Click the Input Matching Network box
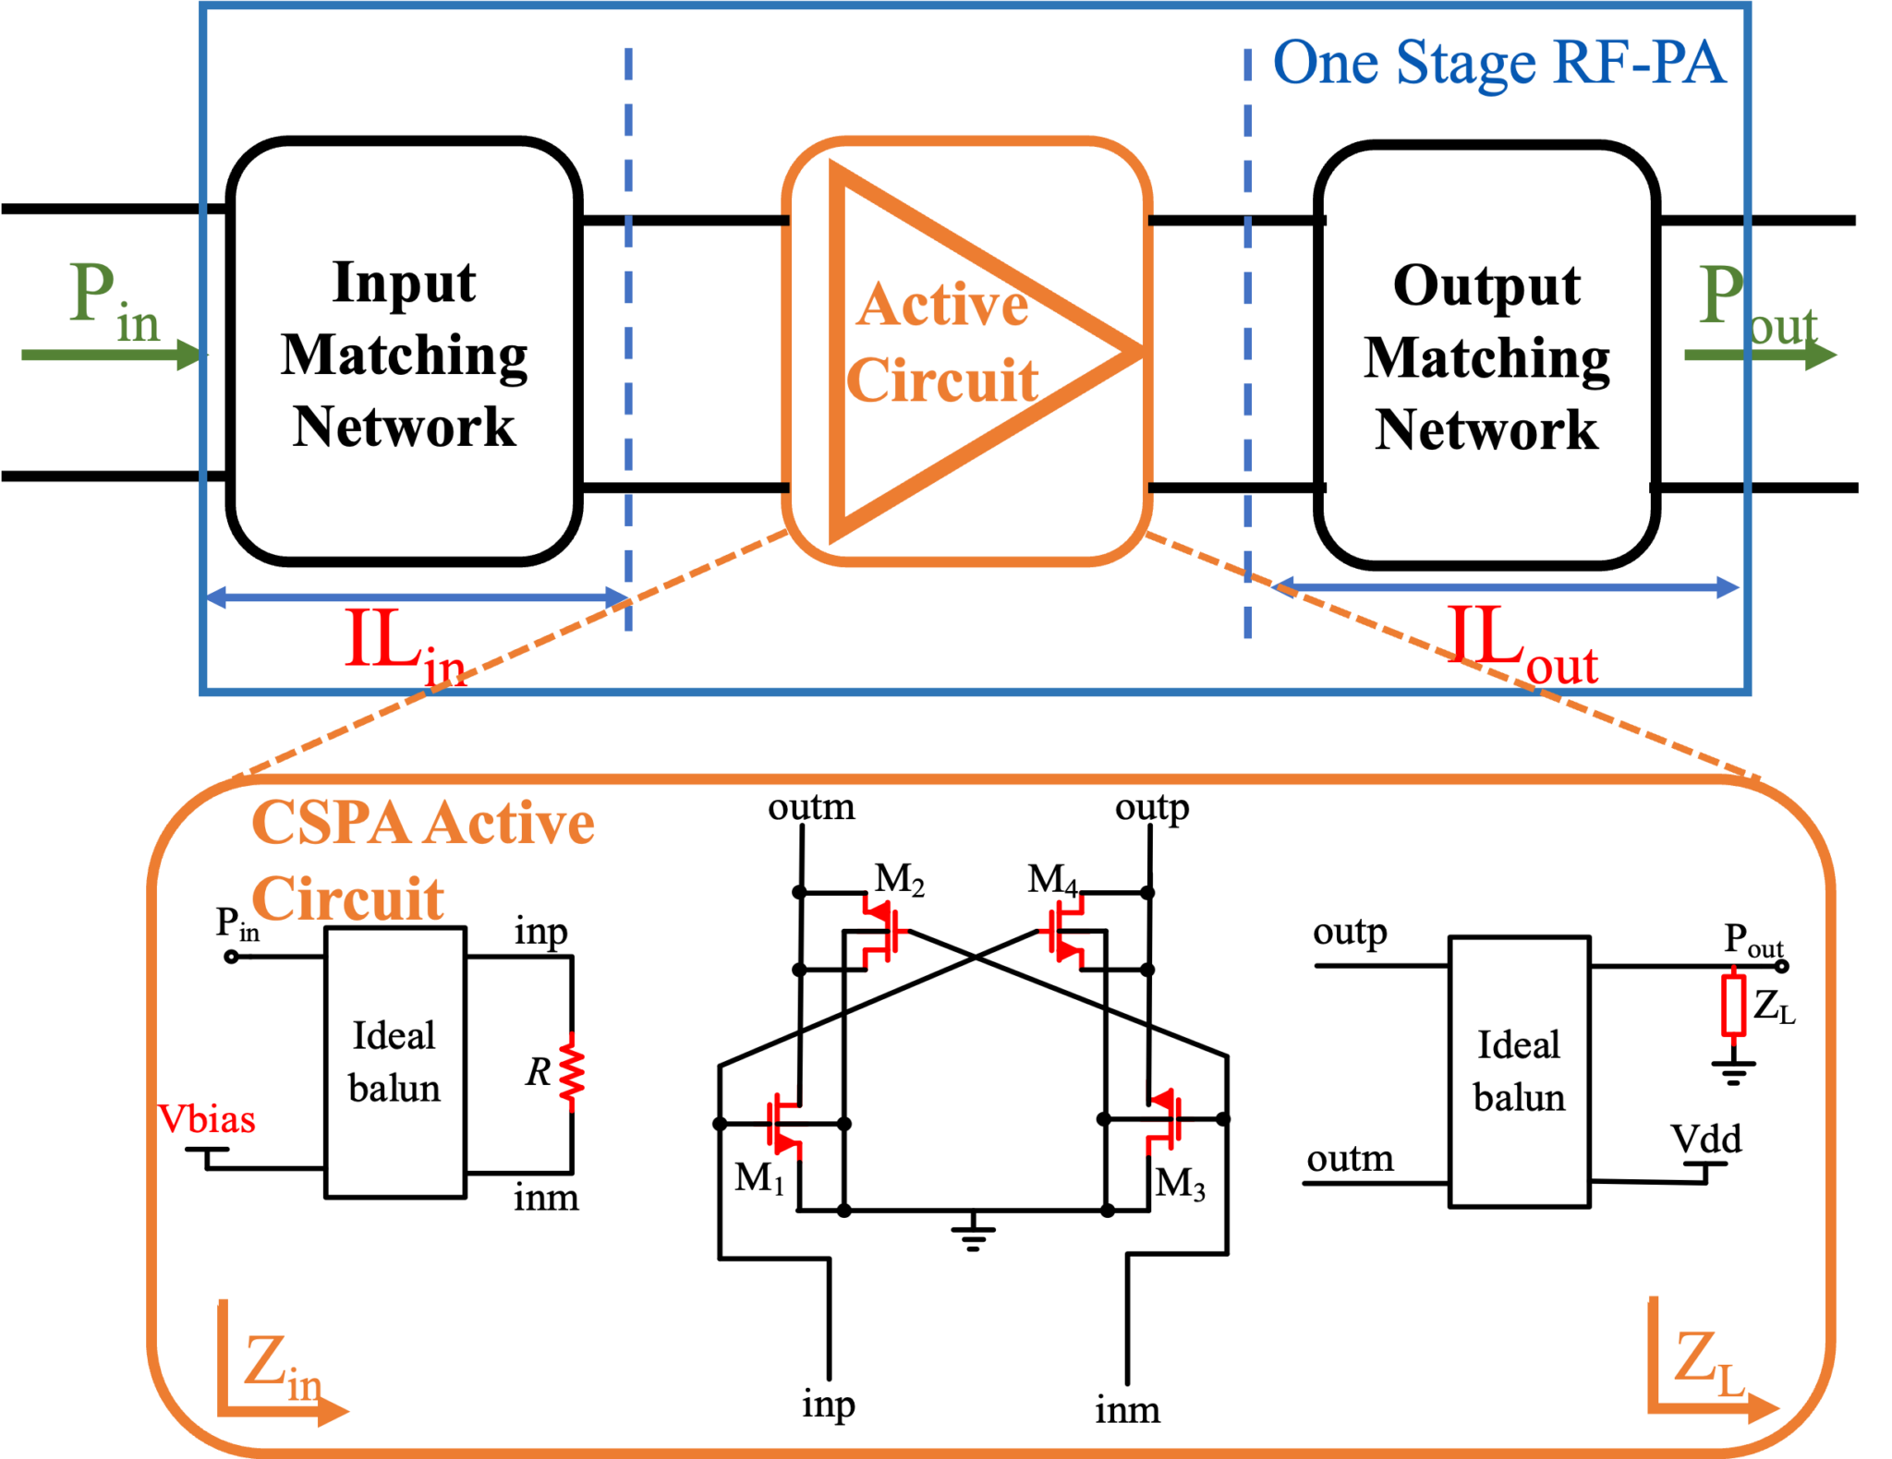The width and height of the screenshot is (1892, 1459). click(404, 351)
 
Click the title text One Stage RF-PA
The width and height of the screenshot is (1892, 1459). click(1498, 63)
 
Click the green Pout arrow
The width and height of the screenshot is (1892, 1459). click(1760, 355)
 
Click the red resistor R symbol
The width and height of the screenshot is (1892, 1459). click(572, 1071)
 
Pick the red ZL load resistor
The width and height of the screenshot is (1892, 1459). click(1733, 1004)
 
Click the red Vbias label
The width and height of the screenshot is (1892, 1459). click(207, 1119)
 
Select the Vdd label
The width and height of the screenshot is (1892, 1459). click(1705, 1139)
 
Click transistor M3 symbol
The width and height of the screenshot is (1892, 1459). click(1163, 1120)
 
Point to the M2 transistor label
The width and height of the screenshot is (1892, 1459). click(899, 878)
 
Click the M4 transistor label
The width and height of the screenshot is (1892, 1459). click(1052, 878)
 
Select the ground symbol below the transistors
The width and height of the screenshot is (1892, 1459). click(973, 1233)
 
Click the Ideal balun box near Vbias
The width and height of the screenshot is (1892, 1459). click(394, 1062)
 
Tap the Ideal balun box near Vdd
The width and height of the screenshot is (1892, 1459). click(1519, 1071)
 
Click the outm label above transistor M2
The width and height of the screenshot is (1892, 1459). click(811, 807)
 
